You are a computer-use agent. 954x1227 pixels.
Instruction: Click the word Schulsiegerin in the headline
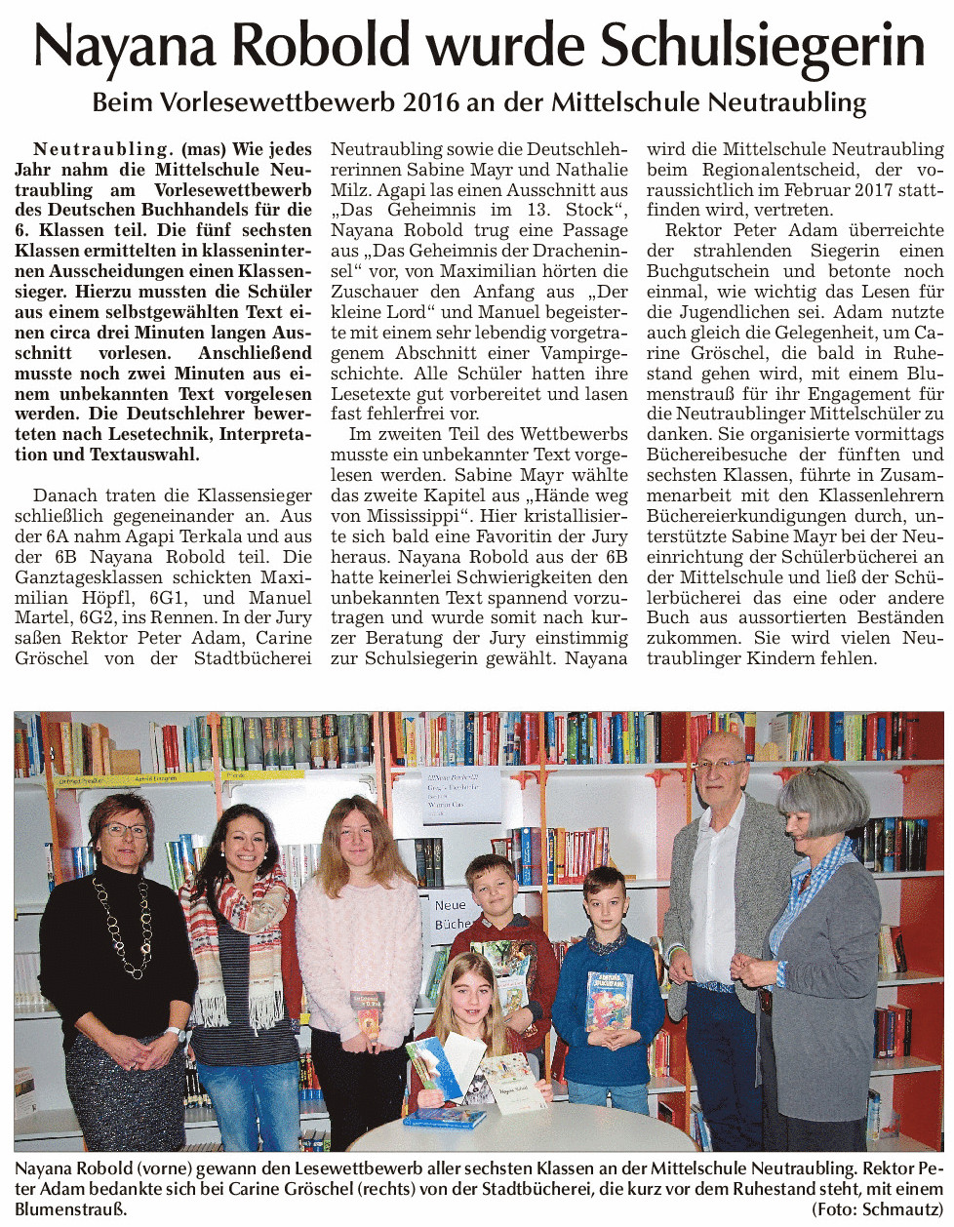(x=761, y=46)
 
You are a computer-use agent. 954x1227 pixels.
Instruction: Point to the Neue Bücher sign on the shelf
(x=452, y=912)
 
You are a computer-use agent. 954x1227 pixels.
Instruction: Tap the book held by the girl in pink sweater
(x=367, y=1012)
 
